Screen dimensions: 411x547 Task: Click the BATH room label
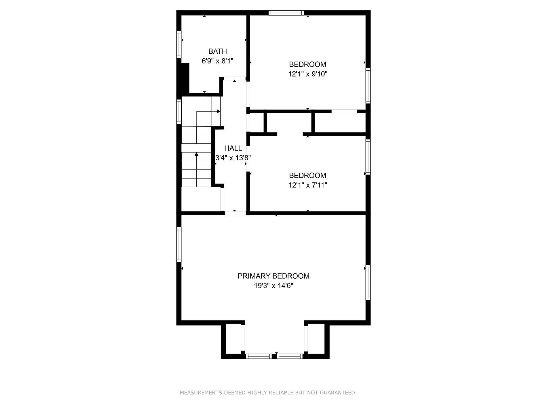point(217,51)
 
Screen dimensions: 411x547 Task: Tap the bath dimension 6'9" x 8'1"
point(217,61)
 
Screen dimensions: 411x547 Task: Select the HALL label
point(233,148)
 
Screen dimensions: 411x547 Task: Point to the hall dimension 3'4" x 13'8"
point(233,158)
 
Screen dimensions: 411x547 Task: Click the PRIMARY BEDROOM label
point(273,276)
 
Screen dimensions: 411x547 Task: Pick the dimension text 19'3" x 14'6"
point(273,286)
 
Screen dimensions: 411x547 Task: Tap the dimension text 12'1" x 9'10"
point(308,74)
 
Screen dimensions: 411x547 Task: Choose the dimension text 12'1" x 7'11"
point(308,185)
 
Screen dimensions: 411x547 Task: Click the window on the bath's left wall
point(179,44)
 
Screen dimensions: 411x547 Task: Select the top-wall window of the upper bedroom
point(286,13)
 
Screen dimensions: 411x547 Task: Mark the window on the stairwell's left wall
point(179,112)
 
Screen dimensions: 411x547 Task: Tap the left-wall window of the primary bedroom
point(179,244)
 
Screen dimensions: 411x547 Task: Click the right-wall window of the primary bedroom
point(368,282)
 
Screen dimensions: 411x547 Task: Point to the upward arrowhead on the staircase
point(197,154)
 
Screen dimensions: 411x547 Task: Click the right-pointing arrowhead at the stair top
point(219,111)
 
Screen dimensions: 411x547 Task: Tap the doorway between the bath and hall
point(235,78)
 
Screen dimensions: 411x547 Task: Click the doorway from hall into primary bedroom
point(235,213)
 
